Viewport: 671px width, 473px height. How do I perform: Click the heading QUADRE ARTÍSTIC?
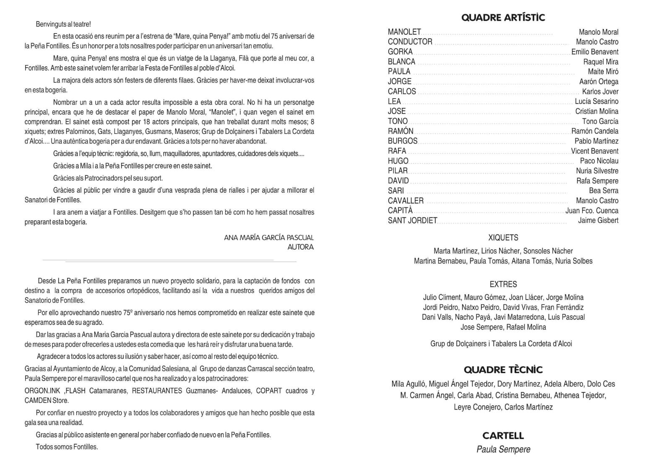point(503,18)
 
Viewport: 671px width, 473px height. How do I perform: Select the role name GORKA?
point(400,52)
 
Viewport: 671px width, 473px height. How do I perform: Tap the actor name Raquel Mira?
point(601,62)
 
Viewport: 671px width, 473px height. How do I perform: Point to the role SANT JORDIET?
point(412,220)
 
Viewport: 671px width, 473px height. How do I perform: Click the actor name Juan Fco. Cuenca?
point(592,211)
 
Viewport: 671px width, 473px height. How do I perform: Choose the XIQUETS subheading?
point(503,238)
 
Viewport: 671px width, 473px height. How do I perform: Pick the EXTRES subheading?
point(503,284)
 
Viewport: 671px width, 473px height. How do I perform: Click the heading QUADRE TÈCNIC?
point(503,370)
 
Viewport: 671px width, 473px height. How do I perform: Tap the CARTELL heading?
point(503,436)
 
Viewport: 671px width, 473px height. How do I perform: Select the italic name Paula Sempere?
point(503,449)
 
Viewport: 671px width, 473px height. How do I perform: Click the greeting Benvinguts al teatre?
point(63,24)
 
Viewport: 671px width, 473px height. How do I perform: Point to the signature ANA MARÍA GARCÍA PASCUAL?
point(269,238)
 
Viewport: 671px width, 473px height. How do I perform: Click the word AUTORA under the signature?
point(300,247)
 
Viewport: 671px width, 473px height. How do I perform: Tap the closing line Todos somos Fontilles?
point(67,447)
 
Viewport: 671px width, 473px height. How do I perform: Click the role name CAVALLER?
point(406,201)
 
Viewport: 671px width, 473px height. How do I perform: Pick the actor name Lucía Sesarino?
point(596,101)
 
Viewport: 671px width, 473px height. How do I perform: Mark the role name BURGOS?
point(403,141)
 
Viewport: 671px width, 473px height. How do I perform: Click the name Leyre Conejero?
point(476,407)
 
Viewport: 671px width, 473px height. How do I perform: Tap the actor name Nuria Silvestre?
point(597,171)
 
